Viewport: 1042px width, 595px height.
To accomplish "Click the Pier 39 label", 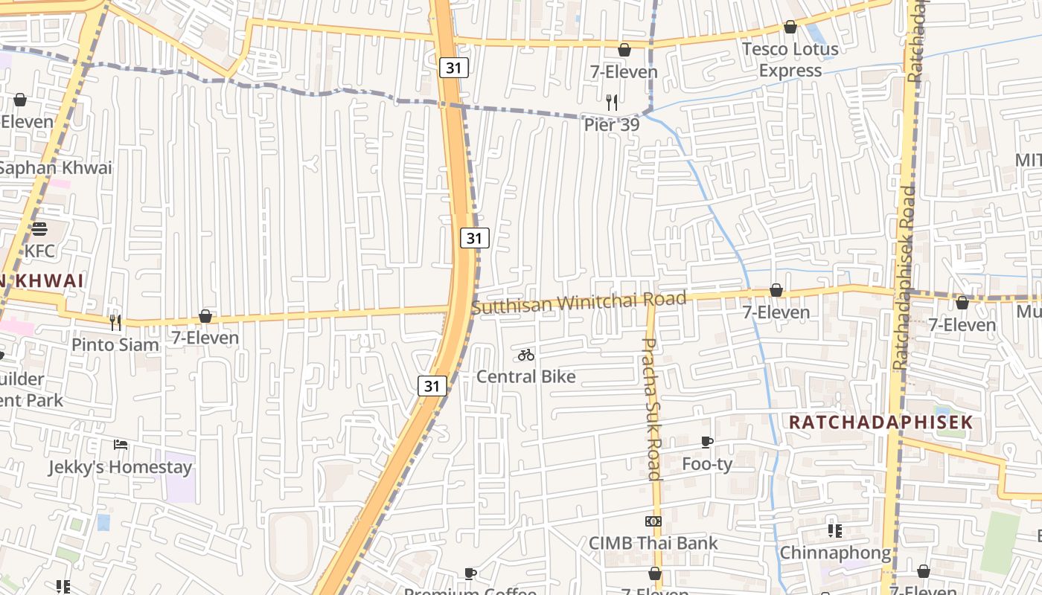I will (611, 125).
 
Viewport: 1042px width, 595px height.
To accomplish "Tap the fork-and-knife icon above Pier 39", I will (612, 103).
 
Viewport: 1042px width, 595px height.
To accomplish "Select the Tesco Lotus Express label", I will (790, 59).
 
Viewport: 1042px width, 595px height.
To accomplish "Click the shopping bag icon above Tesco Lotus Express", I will (790, 28).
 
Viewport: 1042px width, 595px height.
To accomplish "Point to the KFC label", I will (39, 251).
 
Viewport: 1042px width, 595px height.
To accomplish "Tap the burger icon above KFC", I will (39, 228).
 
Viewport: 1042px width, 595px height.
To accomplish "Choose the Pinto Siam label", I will (115, 344).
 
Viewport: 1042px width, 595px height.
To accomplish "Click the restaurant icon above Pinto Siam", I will (115, 322).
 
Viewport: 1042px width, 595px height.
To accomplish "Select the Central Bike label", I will (525, 376).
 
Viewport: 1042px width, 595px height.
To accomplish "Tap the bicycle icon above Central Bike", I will (526, 355).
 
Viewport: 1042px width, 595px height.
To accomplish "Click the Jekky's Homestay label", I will (120, 467).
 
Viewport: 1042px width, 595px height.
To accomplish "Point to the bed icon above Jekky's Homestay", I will (121, 445).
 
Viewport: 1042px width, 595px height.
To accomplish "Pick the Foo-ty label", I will (707, 464).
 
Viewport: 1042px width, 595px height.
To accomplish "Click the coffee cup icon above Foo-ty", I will (707, 443).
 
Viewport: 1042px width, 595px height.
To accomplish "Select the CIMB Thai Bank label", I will (653, 543).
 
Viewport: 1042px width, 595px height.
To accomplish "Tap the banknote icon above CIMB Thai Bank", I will (653, 521).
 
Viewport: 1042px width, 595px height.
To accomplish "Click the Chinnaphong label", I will (835, 553).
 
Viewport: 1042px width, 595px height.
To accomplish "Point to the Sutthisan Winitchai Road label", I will (578, 303).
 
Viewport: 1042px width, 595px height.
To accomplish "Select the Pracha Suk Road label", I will (651, 408).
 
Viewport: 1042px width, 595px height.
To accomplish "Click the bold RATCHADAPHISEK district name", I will (880, 422).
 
